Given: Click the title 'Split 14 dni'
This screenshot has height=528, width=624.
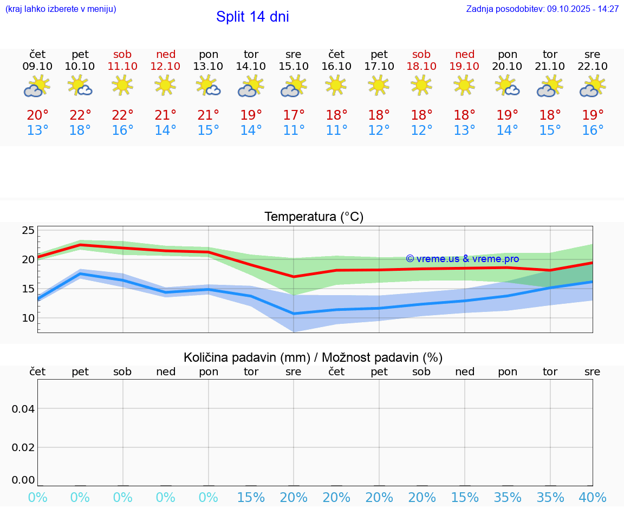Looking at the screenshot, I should point(252,17).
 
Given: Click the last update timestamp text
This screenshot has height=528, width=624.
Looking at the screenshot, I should point(542,9).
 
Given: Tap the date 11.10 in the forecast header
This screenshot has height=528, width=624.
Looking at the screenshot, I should point(123,66).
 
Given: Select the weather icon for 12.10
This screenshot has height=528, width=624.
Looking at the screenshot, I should point(165,85).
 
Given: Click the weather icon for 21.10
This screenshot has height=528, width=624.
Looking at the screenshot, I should point(550,86).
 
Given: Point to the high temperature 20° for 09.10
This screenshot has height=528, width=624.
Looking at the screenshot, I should point(37,115).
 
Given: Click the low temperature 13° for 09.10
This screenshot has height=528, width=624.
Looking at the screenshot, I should point(37,131).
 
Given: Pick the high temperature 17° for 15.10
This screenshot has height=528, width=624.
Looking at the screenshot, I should point(294,115).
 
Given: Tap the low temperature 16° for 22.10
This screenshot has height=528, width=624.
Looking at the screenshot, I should point(593,131).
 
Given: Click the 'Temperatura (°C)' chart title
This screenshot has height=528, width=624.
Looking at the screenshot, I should point(314,217).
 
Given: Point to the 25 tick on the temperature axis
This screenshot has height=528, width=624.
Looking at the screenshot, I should point(28,231).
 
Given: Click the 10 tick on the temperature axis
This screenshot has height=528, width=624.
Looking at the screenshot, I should point(28,318).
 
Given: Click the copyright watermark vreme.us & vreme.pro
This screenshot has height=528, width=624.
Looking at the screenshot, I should point(463,259).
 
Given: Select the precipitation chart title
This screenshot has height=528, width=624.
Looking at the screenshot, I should point(313,357).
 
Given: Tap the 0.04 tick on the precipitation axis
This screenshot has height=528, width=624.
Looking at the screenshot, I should point(23,409).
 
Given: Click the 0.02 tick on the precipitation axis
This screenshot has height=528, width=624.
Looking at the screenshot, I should point(23,447).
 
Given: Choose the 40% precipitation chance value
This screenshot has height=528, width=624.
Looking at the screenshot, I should point(593,498).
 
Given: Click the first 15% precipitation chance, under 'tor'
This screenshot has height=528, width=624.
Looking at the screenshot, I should point(251,498).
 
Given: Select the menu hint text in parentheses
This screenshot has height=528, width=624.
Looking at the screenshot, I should point(60,9).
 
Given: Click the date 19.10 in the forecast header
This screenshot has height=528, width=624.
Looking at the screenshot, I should point(464,66).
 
